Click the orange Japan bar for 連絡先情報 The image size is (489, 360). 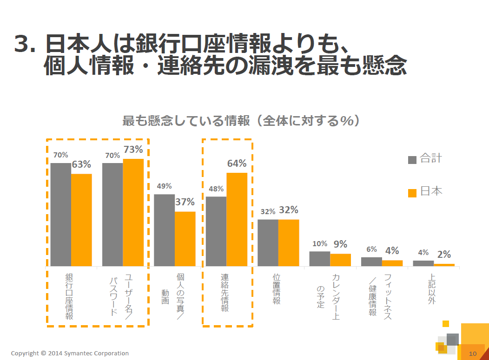(x=237, y=219)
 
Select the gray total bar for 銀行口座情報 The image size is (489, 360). (x=61, y=215)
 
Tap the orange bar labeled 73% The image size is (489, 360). (x=133, y=212)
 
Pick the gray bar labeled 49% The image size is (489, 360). (x=164, y=230)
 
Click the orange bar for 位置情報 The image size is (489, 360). (x=289, y=242)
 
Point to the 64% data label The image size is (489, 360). (x=237, y=164)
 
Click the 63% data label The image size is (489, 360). (x=81, y=164)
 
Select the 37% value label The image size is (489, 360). (x=185, y=202)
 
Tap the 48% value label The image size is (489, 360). (x=216, y=189)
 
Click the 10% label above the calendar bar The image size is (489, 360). (x=320, y=243)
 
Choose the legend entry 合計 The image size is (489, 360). (x=425, y=159)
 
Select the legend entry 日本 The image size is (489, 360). (x=425, y=191)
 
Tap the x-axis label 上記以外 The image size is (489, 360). (x=432, y=289)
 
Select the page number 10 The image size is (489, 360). (x=473, y=354)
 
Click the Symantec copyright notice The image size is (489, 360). (x=70, y=353)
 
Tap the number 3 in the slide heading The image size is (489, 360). (x=21, y=45)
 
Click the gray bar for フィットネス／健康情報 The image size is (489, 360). (x=371, y=262)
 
